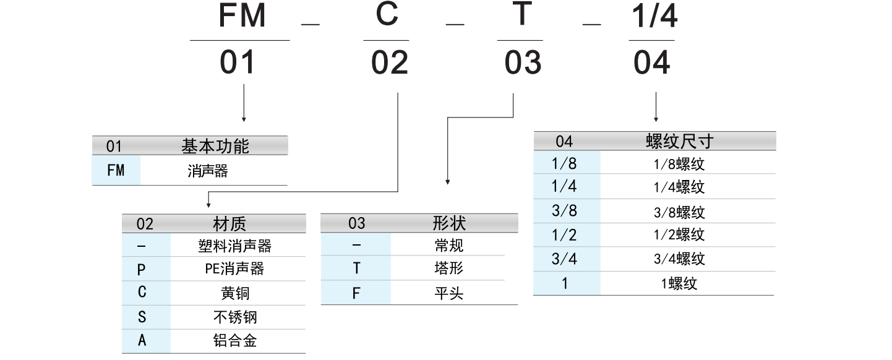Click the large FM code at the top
[242, 17]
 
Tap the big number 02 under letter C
[390, 63]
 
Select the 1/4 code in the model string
[654, 17]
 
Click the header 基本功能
[215, 147]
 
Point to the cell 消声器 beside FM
[208, 171]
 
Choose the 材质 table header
[229, 224]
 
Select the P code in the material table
[142, 270]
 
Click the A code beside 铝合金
[142, 340]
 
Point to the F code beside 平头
[356, 293]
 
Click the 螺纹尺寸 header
[679, 141]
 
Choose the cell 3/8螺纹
[679, 212]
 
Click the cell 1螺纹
[679, 284]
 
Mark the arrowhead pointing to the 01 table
[244, 118]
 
